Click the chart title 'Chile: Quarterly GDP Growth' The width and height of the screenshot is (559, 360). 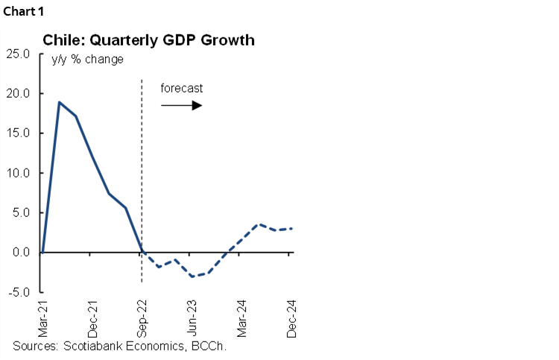148,40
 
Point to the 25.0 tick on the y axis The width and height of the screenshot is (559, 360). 18,54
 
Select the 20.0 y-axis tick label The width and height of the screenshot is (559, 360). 18,94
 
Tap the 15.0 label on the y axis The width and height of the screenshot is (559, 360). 18,133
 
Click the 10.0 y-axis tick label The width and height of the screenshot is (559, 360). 18,173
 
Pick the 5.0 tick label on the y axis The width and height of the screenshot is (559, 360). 20,212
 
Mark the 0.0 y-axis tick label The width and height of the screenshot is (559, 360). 20,252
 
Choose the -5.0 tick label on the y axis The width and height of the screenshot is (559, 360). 19,291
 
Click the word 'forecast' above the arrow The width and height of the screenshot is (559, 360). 181,88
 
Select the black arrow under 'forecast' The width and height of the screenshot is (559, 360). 181,106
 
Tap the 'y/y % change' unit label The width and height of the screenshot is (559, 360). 87,60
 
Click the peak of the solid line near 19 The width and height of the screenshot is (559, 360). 59,102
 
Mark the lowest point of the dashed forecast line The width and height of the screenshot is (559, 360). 192,277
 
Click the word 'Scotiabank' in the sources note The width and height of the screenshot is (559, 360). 89,347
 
